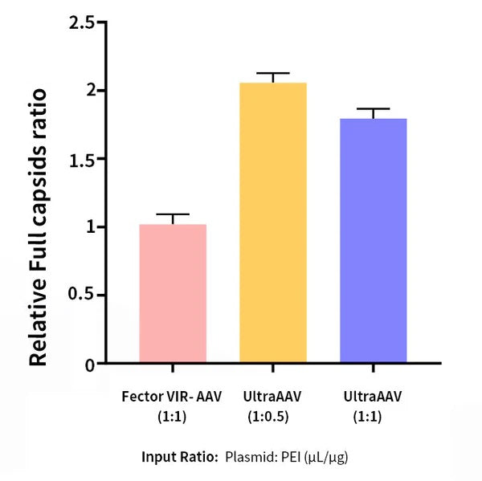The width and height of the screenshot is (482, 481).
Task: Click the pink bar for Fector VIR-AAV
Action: [173, 294]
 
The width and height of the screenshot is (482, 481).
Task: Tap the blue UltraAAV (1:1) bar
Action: [373, 241]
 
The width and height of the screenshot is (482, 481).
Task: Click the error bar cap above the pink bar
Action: [173, 215]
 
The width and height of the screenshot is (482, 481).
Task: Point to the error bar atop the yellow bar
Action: [273, 74]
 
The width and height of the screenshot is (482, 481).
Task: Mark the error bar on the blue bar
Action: [373, 109]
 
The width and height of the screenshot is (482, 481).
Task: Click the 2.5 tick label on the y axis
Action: [81, 22]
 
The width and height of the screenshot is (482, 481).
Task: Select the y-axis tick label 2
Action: [91, 90]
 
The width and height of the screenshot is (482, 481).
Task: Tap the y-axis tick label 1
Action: [91, 227]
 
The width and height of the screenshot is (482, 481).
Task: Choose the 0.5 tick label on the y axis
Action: [81, 296]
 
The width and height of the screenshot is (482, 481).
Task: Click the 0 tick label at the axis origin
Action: [90, 365]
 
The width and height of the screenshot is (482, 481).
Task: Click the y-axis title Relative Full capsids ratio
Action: [39, 229]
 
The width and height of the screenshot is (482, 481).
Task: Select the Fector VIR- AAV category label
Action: [173, 397]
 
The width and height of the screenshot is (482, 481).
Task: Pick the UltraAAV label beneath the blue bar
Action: [372, 397]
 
